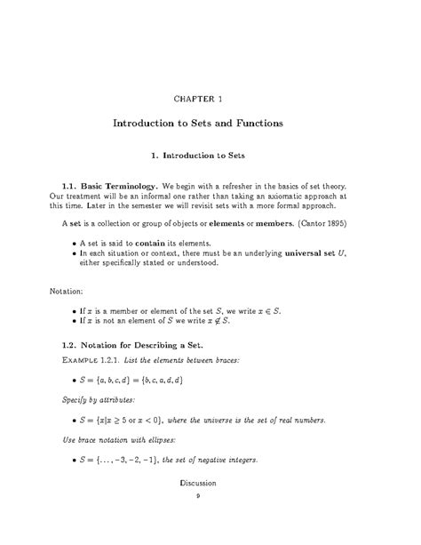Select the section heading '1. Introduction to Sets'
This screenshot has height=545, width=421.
pyautogui.click(x=210, y=156)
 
